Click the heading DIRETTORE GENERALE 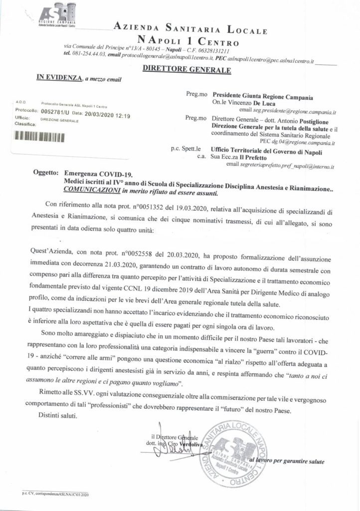pos(186,70)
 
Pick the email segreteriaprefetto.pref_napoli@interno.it pos(280,164)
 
